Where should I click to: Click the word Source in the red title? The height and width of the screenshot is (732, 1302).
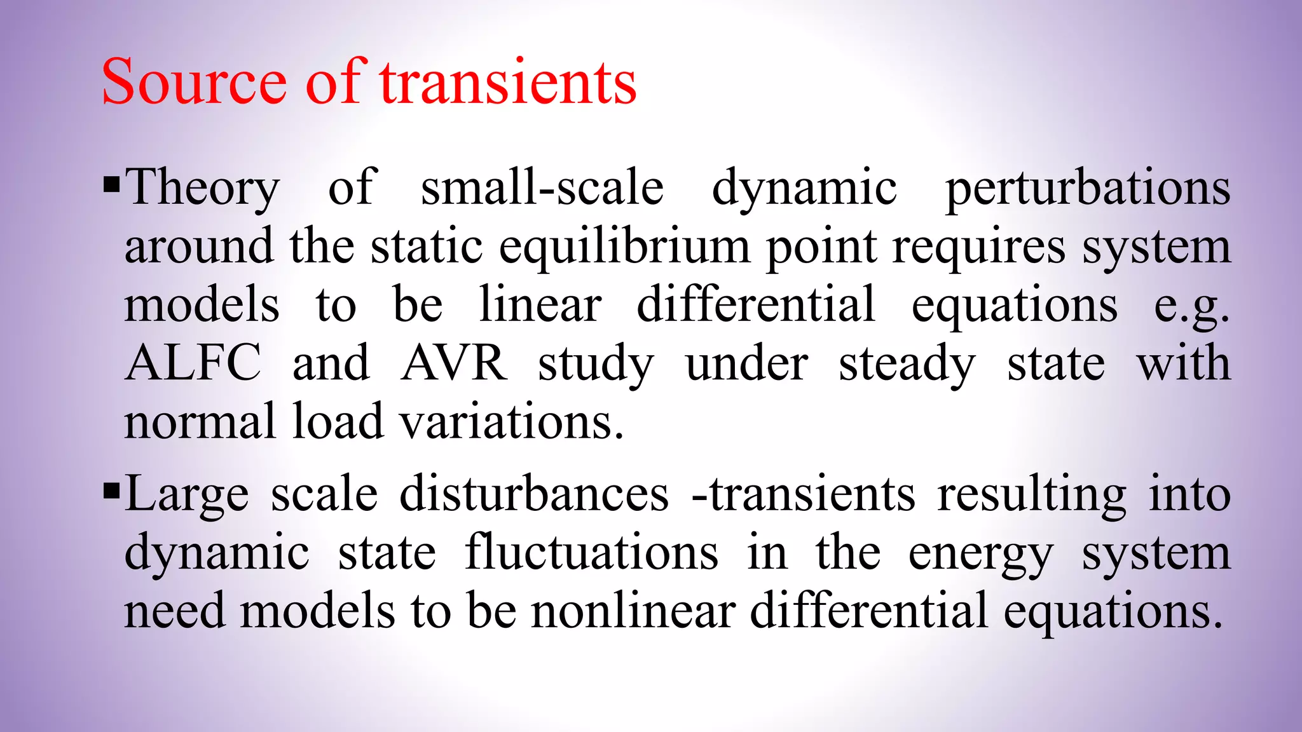tap(194, 83)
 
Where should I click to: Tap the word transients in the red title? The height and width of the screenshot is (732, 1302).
tap(508, 83)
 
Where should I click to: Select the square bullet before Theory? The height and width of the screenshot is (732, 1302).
tap(111, 186)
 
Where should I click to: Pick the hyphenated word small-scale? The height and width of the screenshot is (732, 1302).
tap(542, 187)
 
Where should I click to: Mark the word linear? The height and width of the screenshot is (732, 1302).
tap(540, 304)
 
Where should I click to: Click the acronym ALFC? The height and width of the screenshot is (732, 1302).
tap(193, 363)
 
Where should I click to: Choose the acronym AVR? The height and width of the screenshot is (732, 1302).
tap(454, 363)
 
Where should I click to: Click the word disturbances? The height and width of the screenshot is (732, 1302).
tap(534, 494)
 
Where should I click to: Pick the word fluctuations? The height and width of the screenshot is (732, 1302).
tap(592, 552)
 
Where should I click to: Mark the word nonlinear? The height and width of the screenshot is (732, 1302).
tap(633, 611)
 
